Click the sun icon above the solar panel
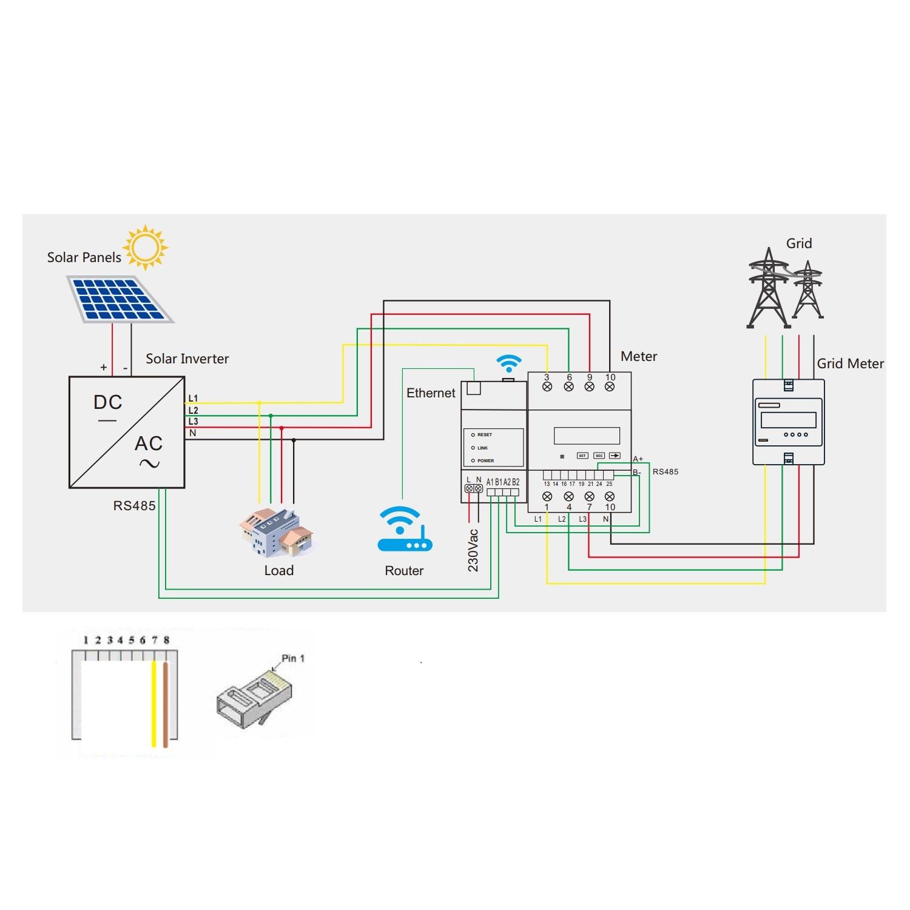point(146,247)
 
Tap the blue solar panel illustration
point(120,299)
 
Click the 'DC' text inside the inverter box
point(108,402)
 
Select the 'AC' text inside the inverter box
point(149,443)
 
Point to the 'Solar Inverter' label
point(187,359)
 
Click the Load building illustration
point(277,531)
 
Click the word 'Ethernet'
point(431,393)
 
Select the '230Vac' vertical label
point(473,550)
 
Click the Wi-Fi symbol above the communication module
point(508,363)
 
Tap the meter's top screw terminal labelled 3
point(547,386)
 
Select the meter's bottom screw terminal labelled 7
point(589,496)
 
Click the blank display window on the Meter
point(587,436)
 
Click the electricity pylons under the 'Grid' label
point(785,288)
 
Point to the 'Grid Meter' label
point(850,363)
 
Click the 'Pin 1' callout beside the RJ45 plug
point(292,658)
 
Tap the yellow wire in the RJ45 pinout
point(154,704)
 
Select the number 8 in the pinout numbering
point(166,640)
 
